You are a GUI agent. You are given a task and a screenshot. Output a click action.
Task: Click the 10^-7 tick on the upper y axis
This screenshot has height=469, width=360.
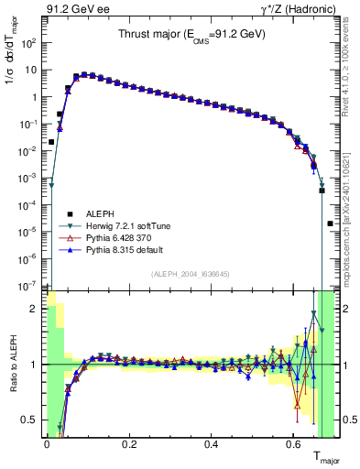point(30,286)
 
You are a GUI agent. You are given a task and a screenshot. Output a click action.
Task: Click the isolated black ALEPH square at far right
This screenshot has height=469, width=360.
point(330,223)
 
